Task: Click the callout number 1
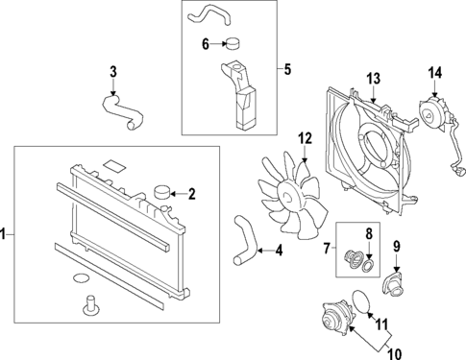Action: (6, 233)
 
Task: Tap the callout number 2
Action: (191, 195)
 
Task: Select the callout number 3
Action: (112, 71)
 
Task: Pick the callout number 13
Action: (373, 78)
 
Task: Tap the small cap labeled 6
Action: (231, 43)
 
